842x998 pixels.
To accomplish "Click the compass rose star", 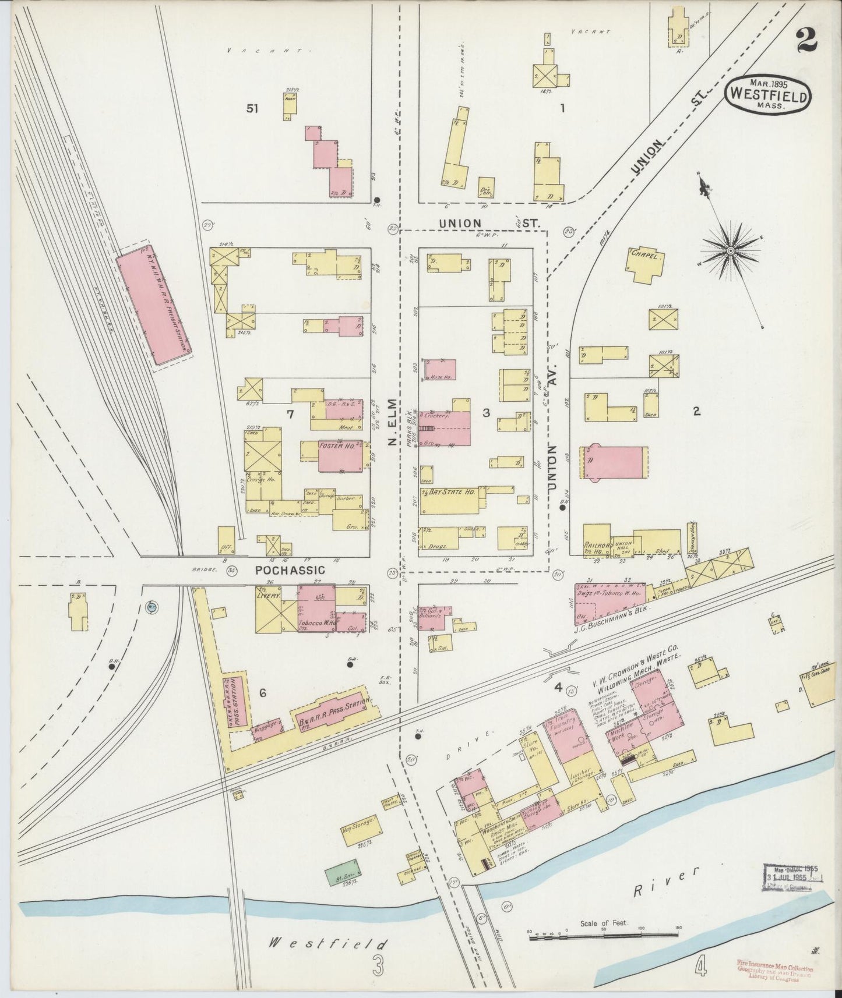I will (730, 251).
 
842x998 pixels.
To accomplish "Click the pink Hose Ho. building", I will (440, 369).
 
